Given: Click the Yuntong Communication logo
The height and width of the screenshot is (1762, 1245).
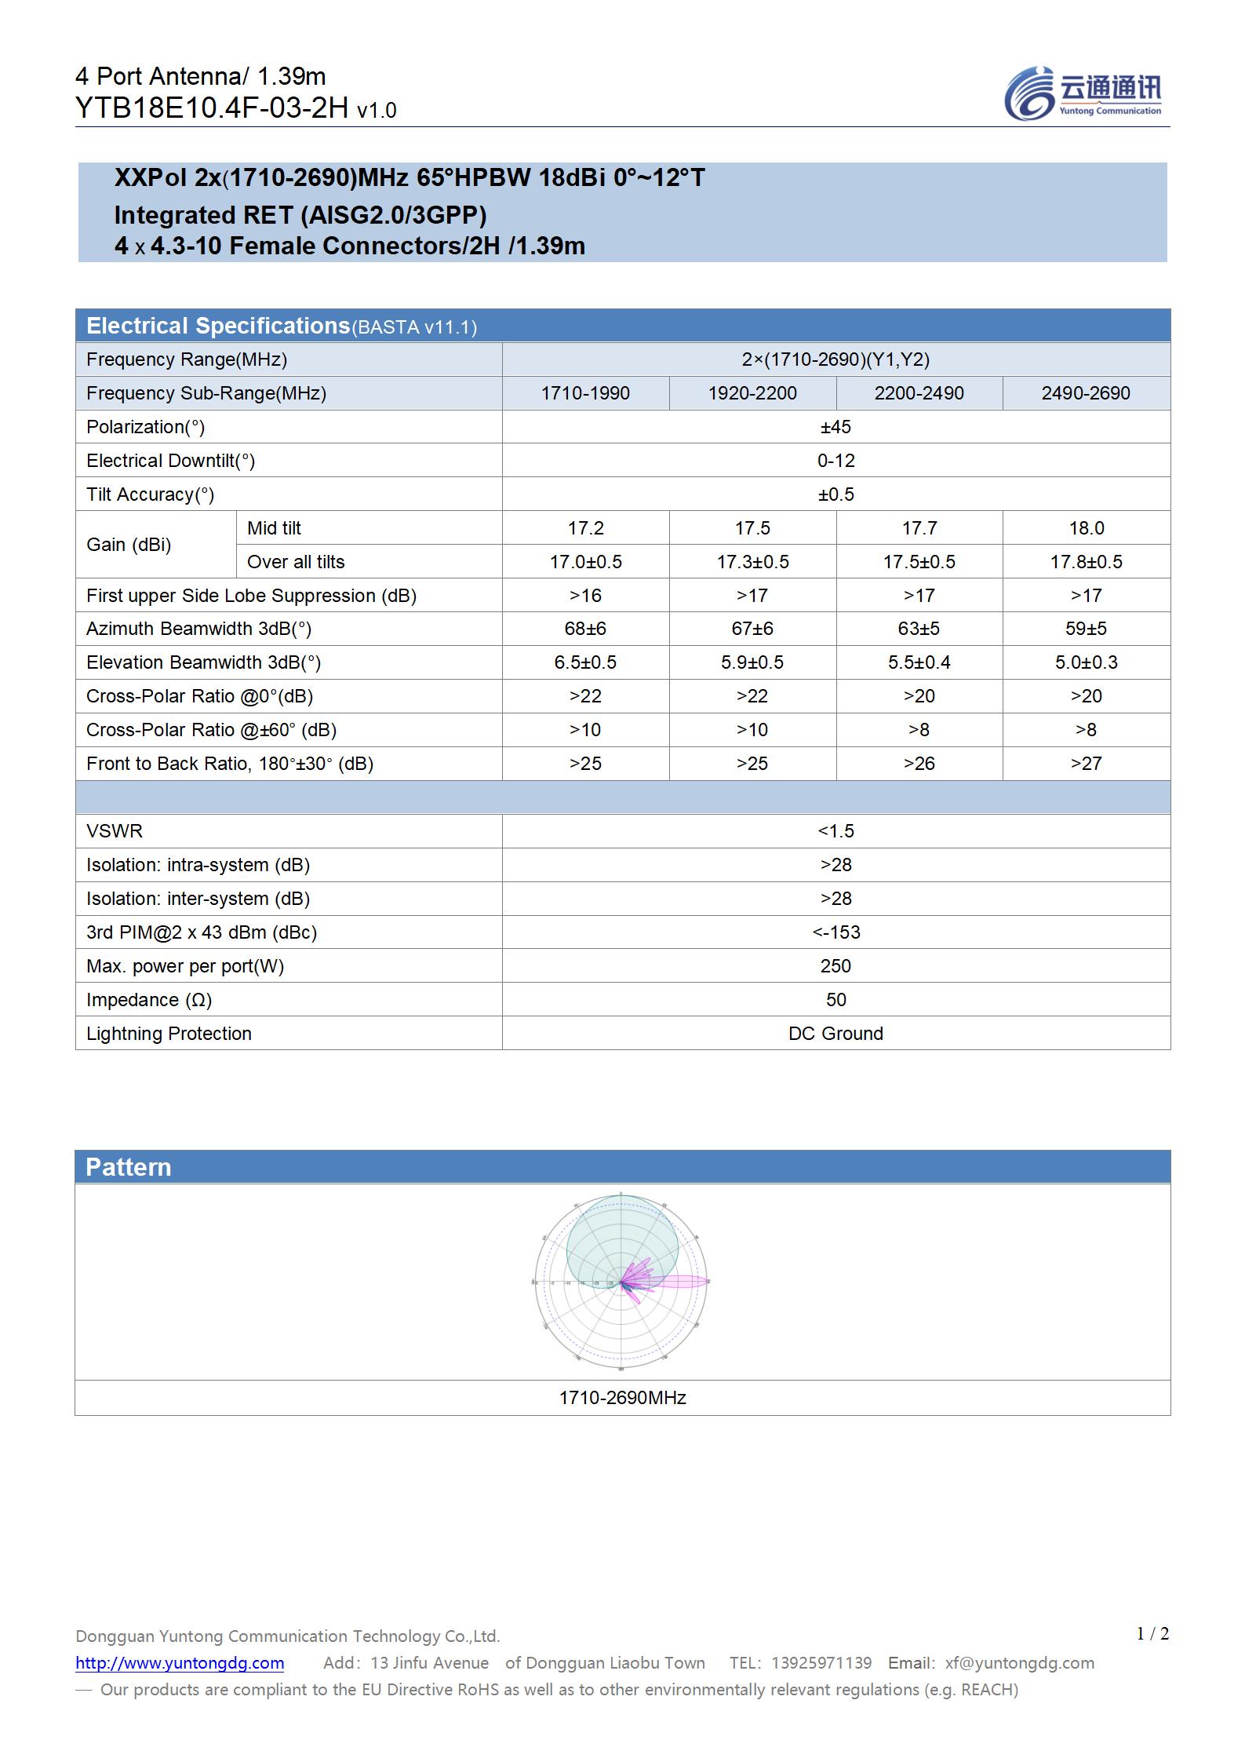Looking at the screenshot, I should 1083,93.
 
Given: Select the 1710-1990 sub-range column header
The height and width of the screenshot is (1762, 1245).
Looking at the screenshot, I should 585,393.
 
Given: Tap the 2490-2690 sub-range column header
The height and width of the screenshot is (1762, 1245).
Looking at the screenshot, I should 1086,393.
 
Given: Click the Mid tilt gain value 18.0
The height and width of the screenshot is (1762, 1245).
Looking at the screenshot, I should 1086,528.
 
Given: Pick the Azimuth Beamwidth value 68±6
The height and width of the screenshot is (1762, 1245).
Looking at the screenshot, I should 585,629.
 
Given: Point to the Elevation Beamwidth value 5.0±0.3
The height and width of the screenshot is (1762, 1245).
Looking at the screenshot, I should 1086,662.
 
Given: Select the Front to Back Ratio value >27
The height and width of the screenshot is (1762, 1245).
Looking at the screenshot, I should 1086,764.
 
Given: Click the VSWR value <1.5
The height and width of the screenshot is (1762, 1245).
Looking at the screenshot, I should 835,831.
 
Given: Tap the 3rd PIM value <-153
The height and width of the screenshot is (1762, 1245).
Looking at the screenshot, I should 835,932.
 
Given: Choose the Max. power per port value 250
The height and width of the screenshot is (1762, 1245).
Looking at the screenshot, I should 835,966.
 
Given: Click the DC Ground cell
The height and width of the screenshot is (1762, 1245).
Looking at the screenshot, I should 835,1034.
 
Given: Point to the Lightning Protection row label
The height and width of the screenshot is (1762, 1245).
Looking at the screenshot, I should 169,1034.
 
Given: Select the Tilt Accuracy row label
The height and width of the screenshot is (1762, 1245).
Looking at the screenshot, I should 150,494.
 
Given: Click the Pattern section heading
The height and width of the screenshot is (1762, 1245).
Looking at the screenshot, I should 129,1167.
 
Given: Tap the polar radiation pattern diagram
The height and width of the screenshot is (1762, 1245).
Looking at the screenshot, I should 621,1282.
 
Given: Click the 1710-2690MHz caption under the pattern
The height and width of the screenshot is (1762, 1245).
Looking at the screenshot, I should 622,1398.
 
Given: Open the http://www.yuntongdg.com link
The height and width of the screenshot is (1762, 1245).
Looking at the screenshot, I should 180,1663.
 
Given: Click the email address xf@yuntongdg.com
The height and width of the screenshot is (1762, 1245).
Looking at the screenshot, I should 1019,1663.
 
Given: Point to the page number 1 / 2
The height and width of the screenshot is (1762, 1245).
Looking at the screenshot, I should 1152,1634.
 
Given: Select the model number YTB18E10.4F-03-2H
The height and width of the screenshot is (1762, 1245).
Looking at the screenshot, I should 212,108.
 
